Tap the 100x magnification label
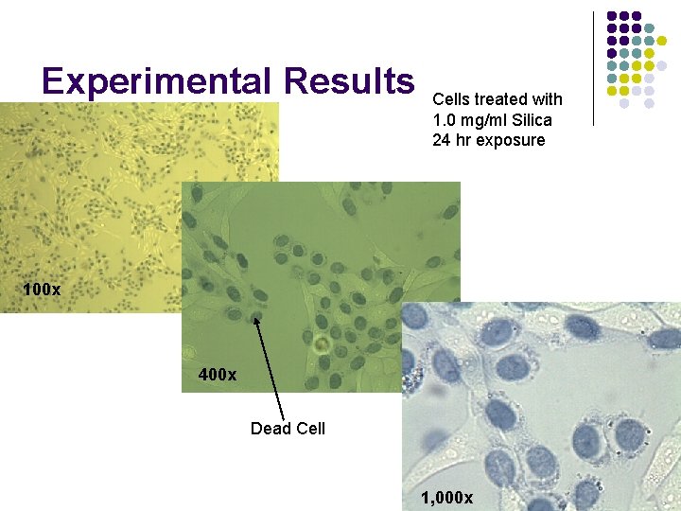(42, 289)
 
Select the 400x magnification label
(218, 375)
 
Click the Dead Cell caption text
(288, 429)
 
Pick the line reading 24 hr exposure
(488, 140)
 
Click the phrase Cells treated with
(497, 99)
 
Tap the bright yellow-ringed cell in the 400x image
(322, 342)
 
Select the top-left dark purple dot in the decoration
(612, 16)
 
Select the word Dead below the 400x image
(269, 429)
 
